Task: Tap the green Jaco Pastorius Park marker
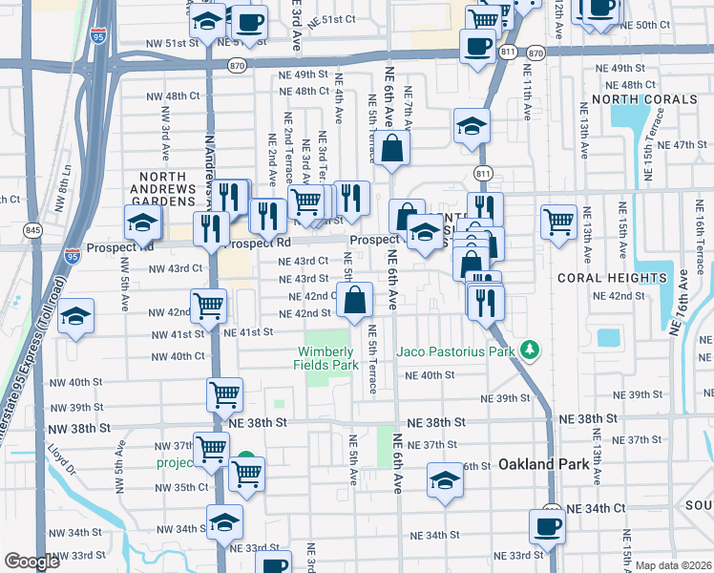(x=531, y=351)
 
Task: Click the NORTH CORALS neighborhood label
(x=640, y=99)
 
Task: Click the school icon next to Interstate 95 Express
(x=75, y=318)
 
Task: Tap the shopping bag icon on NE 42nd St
(x=354, y=301)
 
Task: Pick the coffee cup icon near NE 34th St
(x=548, y=526)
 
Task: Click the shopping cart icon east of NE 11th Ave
(x=559, y=222)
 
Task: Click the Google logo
(x=31, y=562)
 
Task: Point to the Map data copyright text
(x=672, y=564)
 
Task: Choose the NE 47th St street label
(x=681, y=144)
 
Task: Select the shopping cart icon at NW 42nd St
(x=209, y=307)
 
